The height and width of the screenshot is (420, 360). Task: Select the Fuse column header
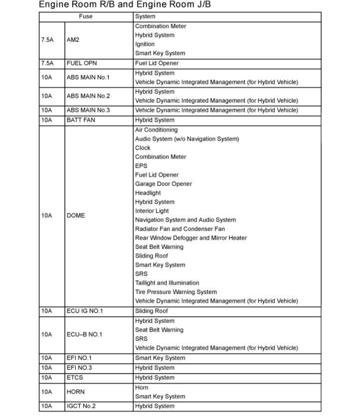[86, 16]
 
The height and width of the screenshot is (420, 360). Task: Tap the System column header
[145, 16]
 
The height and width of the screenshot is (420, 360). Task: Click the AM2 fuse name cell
[74, 40]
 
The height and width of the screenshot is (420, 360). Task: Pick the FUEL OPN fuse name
[82, 63]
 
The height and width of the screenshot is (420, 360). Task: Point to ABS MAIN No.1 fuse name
[88, 77]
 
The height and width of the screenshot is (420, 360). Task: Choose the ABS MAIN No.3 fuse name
[88, 110]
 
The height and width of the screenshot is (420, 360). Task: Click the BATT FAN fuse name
[81, 120]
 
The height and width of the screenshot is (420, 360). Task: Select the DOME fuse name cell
[76, 216]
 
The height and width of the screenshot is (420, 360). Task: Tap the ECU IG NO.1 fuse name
[85, 311]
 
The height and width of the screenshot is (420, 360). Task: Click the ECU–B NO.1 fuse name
[84, 334]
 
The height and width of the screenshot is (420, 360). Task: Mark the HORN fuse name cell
[76, 392]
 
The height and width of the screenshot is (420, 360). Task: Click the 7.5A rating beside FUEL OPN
[47, 63]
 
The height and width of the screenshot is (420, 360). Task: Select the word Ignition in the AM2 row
[145, 44]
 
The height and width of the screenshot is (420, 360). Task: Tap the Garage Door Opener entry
[163, 184]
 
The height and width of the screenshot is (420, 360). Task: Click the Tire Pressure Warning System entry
[176, 292]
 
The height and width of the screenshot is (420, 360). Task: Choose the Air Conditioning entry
[156, 130]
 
